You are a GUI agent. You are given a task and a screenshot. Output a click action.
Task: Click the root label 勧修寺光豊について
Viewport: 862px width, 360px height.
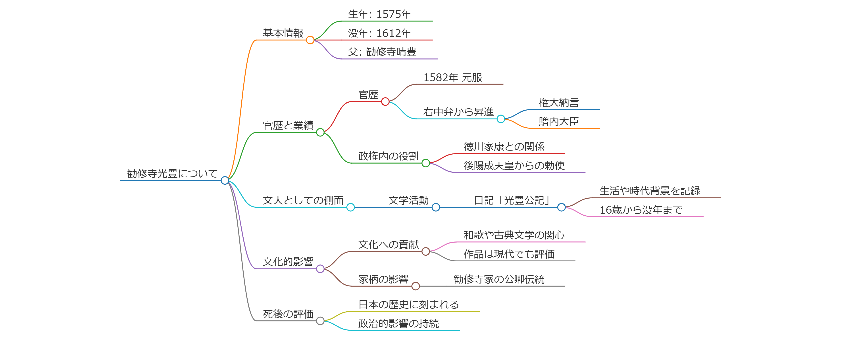point(172,173)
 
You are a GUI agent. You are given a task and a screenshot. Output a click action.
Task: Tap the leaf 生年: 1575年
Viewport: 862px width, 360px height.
point(379,14)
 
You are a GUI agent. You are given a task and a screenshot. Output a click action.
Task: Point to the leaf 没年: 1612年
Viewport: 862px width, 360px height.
point(379,33)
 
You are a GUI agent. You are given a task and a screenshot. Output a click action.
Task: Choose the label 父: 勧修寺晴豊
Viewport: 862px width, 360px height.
point(382,52)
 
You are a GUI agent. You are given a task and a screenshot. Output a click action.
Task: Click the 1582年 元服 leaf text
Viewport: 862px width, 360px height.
point(452,78)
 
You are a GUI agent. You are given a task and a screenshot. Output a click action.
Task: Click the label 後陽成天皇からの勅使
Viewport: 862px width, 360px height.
point(514,165)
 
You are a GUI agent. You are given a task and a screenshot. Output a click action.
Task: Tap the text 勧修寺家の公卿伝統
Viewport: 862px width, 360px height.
point(499,279)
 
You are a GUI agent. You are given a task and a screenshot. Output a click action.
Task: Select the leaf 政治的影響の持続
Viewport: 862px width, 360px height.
point(398,324)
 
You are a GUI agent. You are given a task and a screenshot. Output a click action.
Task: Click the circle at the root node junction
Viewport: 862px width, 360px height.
point(225,180)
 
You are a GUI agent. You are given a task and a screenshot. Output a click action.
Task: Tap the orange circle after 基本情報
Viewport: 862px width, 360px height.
point(310,40)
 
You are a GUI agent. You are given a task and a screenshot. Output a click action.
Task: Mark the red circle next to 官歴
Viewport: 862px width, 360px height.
point(385,101)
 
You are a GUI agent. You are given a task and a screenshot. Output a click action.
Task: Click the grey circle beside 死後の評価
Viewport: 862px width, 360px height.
point(320,321)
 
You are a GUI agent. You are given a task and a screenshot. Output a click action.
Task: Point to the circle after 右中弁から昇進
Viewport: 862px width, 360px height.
point(501,119)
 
